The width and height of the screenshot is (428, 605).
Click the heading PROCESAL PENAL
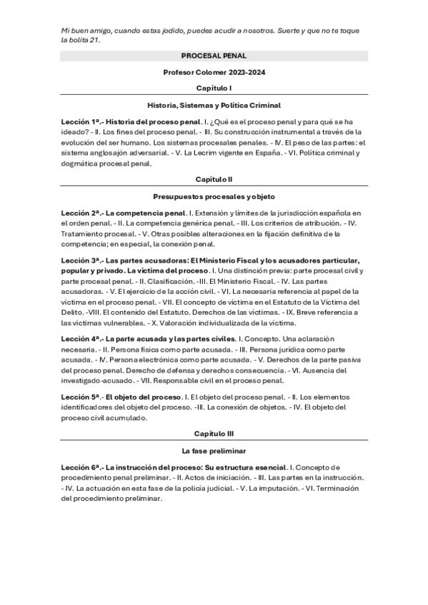214,55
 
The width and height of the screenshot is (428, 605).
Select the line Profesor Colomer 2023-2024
214,72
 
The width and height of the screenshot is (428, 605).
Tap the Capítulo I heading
214,88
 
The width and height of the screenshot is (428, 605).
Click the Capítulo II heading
214,179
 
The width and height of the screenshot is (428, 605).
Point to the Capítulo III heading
214,434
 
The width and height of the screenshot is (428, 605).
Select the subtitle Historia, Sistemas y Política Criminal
214,104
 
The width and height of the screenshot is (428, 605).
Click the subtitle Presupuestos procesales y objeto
214,195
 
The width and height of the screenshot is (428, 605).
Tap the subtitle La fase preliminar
214,451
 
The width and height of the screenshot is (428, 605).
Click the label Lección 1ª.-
81,122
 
